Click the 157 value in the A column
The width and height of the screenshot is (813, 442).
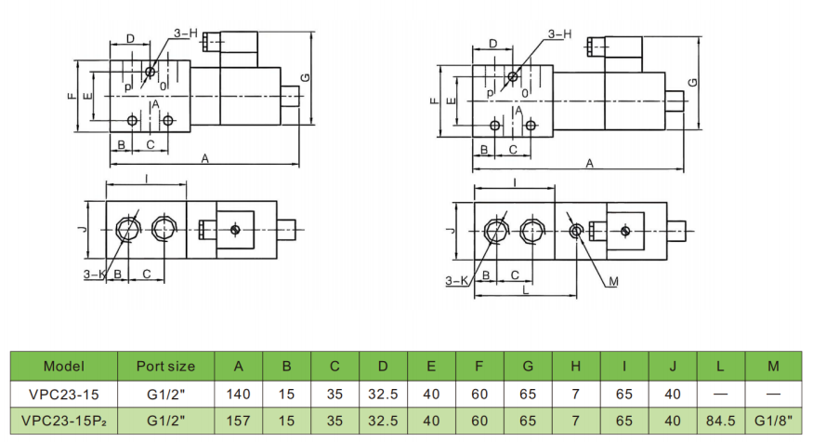(x=238, y=421)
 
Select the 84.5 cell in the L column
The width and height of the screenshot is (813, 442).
(x=720, y=421)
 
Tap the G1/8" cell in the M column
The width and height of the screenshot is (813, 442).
(x=773, y=421)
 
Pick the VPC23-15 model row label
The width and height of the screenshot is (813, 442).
(x=64, y=395)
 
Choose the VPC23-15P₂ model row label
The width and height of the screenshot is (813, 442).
(x=64, y=421)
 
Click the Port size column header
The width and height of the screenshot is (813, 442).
(x=165, y=367)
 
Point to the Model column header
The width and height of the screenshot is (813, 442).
(x=64, y=367)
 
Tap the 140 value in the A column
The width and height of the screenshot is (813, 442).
(x=238, y=395)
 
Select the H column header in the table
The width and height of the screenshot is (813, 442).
(x=575, y=367)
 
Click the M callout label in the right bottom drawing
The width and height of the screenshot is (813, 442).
(x=613, y=282)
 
